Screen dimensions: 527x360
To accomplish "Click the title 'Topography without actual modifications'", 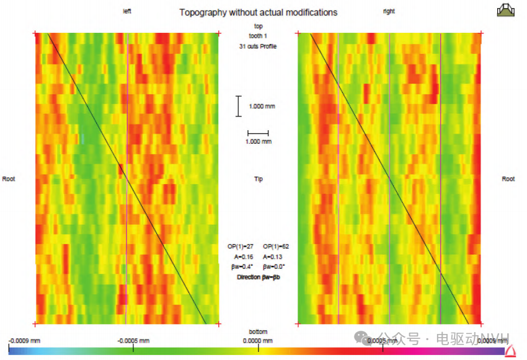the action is (258, 12).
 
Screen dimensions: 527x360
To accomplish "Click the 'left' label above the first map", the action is (126, 11).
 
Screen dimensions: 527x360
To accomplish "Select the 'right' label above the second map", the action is (389, 11).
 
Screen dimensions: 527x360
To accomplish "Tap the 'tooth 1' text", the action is (258, 35).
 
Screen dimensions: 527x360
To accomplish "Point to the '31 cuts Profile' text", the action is (258, 46).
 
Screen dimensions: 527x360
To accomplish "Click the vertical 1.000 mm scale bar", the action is (239, 106).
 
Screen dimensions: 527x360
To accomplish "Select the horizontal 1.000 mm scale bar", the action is (258, 133).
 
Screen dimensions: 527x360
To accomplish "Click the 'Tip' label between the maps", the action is (258, 179).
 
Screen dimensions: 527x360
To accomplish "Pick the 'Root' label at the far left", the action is (9, 178).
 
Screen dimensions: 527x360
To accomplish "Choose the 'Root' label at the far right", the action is (508, 178).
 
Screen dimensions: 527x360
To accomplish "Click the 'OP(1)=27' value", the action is (241, 247).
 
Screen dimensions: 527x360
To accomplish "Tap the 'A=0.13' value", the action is (273, 257).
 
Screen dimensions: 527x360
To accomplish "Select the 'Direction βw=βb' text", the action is (258, 277).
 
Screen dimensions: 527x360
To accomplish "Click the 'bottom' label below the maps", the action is (258, 331).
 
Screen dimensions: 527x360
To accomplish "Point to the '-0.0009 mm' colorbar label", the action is (24, 341).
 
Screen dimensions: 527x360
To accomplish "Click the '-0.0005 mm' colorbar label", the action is (133, 341).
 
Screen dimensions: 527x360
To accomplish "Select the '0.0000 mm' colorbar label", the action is (258, 341).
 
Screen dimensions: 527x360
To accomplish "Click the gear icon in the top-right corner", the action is (506, 10).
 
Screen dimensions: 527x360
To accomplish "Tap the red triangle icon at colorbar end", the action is (510, 351).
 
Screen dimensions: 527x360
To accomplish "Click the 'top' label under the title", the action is (258, 26).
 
